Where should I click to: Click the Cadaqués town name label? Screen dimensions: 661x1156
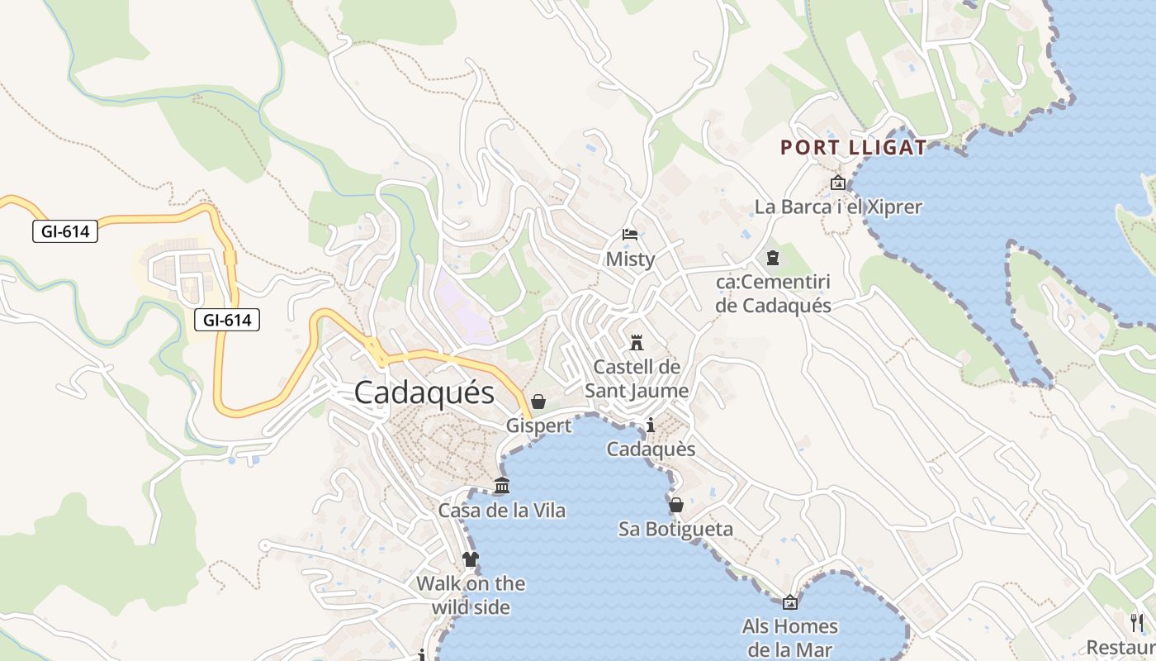tap(424, 392)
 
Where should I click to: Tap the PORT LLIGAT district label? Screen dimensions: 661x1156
tap(854, 148)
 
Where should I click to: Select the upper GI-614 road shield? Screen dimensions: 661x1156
tap(65, 231)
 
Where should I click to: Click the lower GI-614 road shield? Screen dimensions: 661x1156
tap(227, 319)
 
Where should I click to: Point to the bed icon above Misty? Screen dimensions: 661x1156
tap(630, 235)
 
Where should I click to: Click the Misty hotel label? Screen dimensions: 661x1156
tap(630, 259)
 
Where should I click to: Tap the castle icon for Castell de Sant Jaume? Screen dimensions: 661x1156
tap(637, 342)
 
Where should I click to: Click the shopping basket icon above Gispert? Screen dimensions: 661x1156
tap(538, 402)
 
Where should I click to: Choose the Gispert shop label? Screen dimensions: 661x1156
tap(538, 426)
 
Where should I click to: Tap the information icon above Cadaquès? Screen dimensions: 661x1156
tap(651, 426)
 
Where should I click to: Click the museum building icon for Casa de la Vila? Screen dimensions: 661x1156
tap(502, 486)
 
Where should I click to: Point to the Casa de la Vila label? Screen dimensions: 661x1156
tap(502, 511)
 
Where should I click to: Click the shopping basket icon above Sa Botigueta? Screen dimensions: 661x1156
tap(676, 504)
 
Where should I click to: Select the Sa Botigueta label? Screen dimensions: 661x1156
tap(676, 529)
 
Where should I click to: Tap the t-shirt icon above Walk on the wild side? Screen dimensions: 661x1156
tap(471, 559)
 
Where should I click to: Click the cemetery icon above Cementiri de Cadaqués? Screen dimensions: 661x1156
tap(773, 258)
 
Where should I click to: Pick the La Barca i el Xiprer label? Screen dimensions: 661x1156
tap(838, 207)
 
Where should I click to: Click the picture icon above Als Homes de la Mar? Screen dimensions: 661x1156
tap(790, 602)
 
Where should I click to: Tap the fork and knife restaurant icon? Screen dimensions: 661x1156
tap(1138, 623)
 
